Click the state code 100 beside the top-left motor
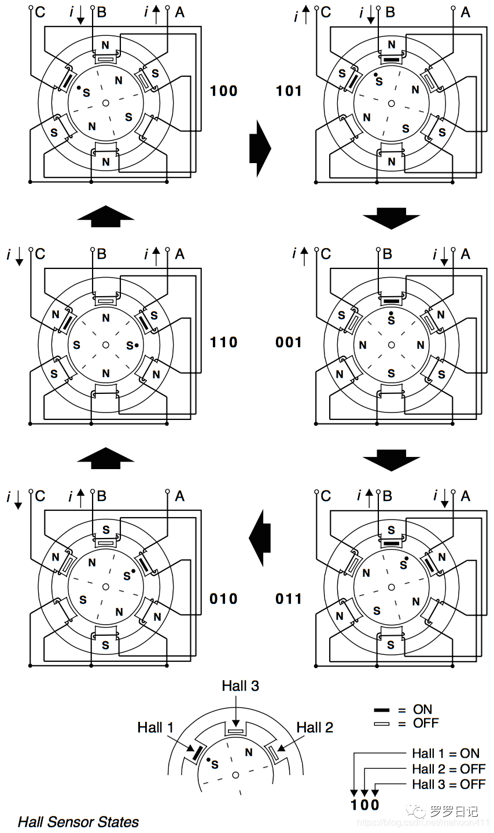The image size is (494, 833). [x=223, y=91]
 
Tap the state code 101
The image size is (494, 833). [x=289, y=91]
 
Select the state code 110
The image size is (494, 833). [x=223, y=342]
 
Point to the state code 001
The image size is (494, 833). [x=289, y=342]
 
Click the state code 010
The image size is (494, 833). [x=223, y=599]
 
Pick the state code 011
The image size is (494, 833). [x=289, y=599]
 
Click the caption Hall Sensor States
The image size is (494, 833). [x=78, y=821]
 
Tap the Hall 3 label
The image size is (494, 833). [x=240, y=686]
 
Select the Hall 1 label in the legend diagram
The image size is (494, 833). [x=155, y=727]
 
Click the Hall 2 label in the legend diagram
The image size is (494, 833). [x=315, y=727]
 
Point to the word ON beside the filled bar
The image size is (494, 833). [x=422, y=709]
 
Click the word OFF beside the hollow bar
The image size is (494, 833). [x=426, y=723]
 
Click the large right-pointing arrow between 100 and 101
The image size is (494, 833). [x=260, y=148]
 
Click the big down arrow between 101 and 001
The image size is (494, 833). [x=392, y=219]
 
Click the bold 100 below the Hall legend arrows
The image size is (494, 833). [x=365, y=805]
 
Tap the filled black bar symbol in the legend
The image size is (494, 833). [x=382, y=710]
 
